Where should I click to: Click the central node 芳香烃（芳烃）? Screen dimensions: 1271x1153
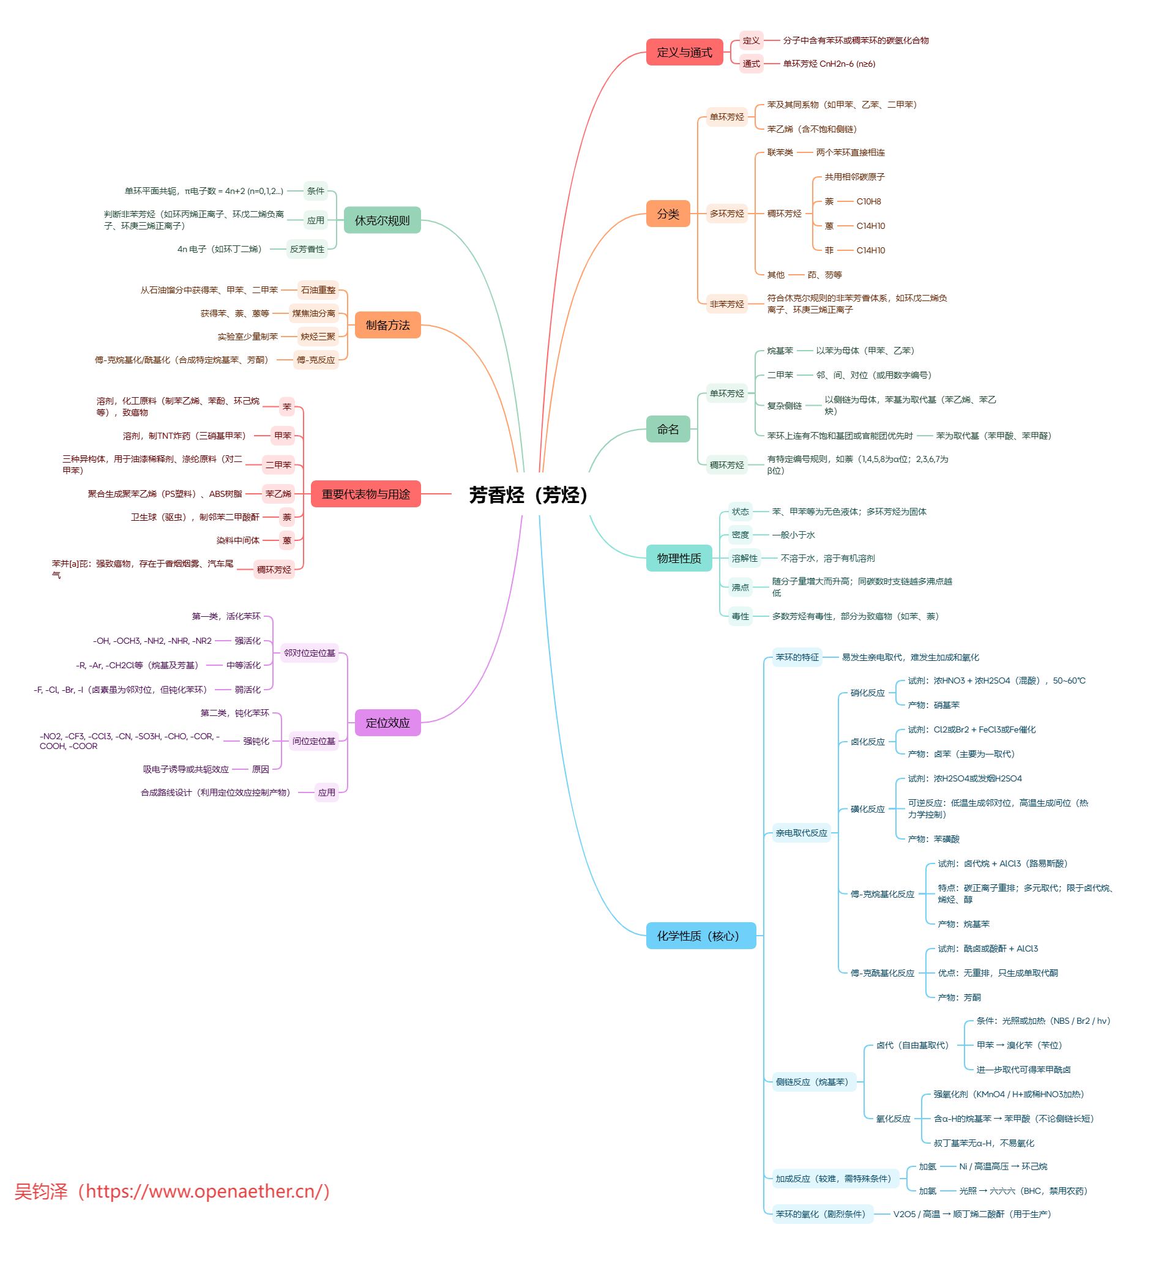(528, 495)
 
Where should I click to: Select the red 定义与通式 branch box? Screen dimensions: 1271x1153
(684, 53)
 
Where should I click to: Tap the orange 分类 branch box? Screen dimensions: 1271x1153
(668, 214)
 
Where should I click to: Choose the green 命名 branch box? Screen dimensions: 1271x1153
(668, 430)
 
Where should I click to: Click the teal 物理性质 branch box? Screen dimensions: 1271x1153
(678, 558)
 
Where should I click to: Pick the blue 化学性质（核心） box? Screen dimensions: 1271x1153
(700, 936)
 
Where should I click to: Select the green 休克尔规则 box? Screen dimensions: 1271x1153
(382, 220)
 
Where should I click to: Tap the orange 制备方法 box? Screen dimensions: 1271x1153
(387, 325)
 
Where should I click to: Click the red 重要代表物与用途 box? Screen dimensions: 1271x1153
(365, 494)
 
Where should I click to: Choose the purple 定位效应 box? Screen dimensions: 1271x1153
(387, 723)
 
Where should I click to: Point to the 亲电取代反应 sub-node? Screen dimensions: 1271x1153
(800, 833)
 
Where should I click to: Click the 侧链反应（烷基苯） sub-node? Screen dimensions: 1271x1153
(812, 1082)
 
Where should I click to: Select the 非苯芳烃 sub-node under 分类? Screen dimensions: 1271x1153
(726, 304)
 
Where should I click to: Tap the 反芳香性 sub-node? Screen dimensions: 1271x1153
(307, 249)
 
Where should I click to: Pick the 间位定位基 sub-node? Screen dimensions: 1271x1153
(313, 741)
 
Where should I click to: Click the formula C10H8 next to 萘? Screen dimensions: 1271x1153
(868, 202)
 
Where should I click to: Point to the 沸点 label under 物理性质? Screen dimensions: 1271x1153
(739, 587)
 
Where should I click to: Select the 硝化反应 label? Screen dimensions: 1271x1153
(867, 693)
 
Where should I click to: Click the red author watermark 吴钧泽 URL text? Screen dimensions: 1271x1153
(172, 1191)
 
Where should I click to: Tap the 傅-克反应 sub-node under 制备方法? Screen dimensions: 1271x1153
(316, 360)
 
